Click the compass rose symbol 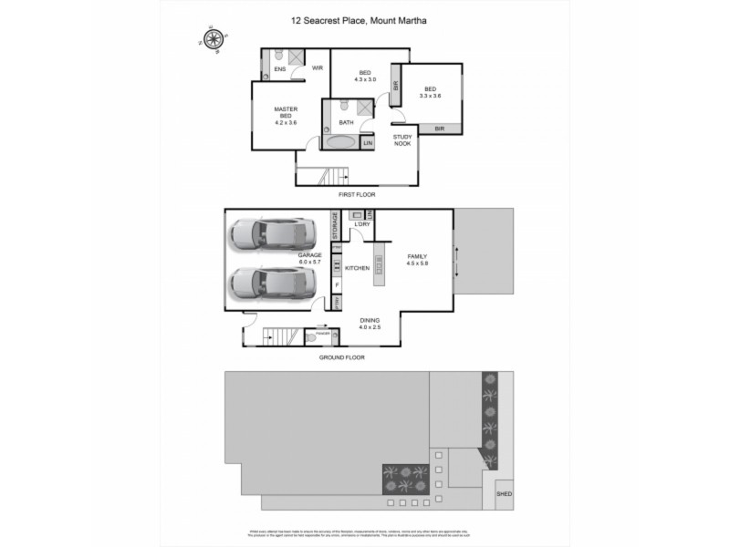coord(215,39)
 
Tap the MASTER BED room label coord(287,115)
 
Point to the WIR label coord(318,68)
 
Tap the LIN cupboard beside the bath coord(368,143)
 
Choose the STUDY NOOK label coord(402,140)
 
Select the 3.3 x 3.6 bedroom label coord(430,92)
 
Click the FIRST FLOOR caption coord(357,194)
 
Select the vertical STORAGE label coord(336,226)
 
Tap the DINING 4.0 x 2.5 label coord(369,324)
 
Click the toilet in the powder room coord(313,337)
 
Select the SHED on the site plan coord(504,494)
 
